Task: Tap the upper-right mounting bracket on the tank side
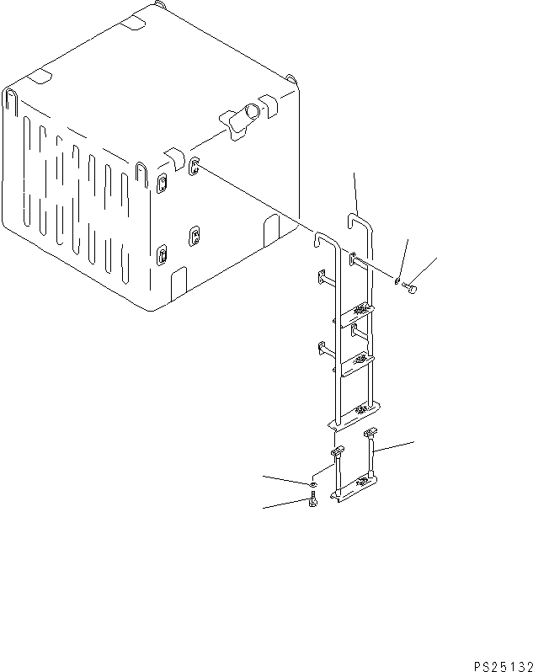click(194, 167)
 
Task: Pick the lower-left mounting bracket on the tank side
click(162, 253)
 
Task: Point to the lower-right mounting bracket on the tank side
click(195, 236)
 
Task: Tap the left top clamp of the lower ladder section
click(337, 452)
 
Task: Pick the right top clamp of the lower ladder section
click(370, 433)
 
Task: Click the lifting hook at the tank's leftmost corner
click(12, 101)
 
